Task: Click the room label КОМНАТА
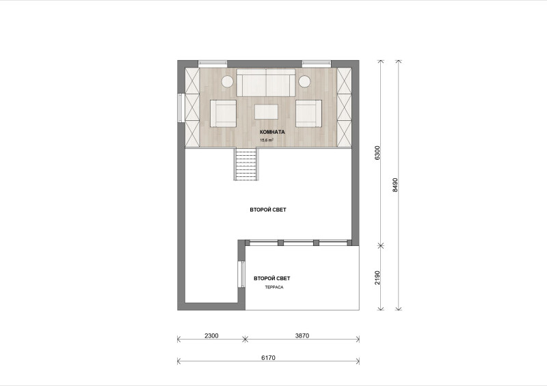click(272, 132)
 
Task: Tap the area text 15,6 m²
click(267, 140)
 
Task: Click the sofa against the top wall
click(266, 82)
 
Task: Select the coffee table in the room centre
click(266, 112)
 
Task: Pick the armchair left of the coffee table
click(223, 113)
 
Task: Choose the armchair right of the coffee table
click(309, 113)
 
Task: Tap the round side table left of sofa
click(227, 81)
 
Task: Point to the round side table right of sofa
click(304, 81)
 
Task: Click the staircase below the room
click(246, 164)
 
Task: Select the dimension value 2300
click(211, 336)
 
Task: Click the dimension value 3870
click(302, 336)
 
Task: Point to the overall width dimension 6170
click(268, 358)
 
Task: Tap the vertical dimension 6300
click(377, 153)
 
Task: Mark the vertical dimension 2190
click(377, 277)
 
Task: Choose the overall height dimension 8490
click(395, 185)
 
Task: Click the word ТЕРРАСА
click(274, 288)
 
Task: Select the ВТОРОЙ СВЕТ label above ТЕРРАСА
click(271, 278)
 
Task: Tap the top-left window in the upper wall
click(213, 64)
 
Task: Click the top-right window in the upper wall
click(316, 64)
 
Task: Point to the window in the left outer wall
click(181, 107)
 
